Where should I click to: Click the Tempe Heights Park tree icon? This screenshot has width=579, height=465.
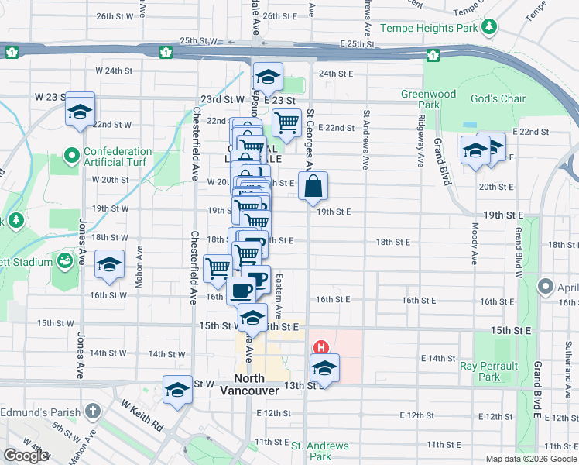tap(488, 29)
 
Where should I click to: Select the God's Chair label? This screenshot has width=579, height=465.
tap(498, 98)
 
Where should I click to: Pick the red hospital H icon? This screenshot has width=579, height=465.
tap(318, 347)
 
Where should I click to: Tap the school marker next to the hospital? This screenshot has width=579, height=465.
tap(325, 368)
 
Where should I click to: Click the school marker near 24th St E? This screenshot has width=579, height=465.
tap(268, 77)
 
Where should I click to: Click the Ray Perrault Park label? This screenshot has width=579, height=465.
tap(489, 370)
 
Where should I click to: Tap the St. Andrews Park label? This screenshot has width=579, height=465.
tap(320, 451)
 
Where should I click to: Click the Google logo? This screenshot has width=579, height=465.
tap(26, 456)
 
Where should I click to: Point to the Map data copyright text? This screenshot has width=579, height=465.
tap(531, 459)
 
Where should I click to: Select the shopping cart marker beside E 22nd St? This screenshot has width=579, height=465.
tap(286, 123)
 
